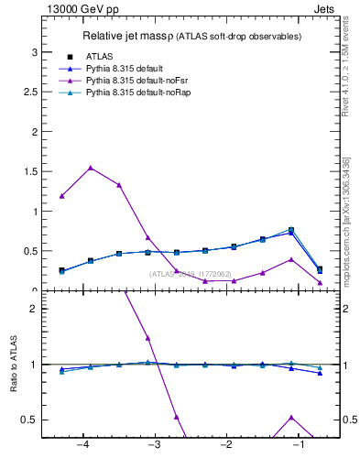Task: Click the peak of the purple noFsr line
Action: [90, 168]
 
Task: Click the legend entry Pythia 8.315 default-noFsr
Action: [129, 82]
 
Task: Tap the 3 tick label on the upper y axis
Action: [34, 52]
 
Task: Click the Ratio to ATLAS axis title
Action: [13, 365]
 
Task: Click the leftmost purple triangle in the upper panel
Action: [61, 195]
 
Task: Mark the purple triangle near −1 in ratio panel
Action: [291, 417]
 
